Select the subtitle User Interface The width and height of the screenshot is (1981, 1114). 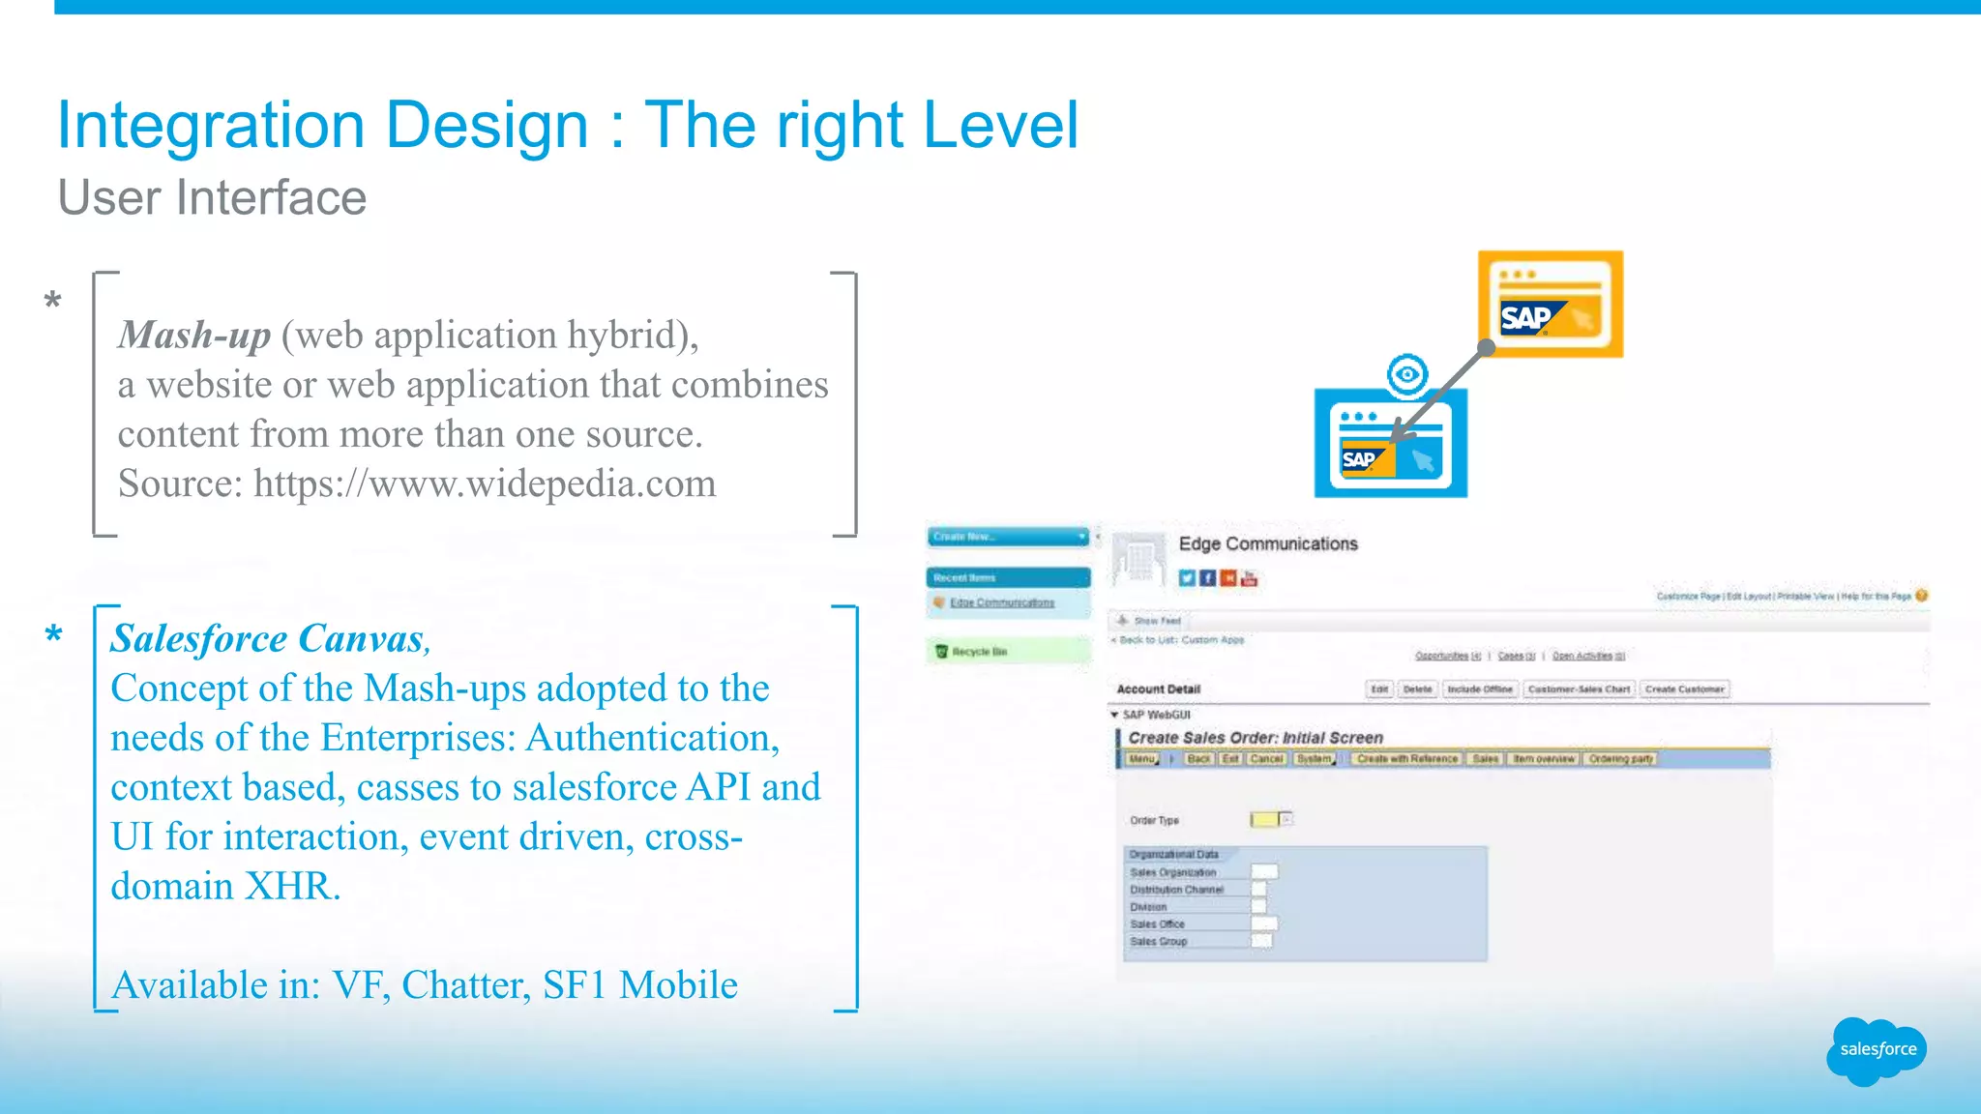212,198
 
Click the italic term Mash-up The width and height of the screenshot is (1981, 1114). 193,335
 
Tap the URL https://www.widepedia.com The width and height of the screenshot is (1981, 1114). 485,484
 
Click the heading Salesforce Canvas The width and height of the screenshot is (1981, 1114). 267,638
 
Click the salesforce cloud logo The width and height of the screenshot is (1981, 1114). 1877,1050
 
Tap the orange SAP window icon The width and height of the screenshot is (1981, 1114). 1551,305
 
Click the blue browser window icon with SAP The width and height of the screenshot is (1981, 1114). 1390,445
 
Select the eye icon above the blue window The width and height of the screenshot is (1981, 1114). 1407,374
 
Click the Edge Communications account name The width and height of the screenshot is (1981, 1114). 1267,543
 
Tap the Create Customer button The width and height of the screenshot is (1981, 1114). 1684,689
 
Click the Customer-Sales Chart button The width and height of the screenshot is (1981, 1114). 1579,689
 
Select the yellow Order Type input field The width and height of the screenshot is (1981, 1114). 1263,820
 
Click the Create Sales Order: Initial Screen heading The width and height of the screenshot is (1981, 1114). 1255,738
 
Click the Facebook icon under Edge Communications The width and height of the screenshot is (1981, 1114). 1207,578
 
